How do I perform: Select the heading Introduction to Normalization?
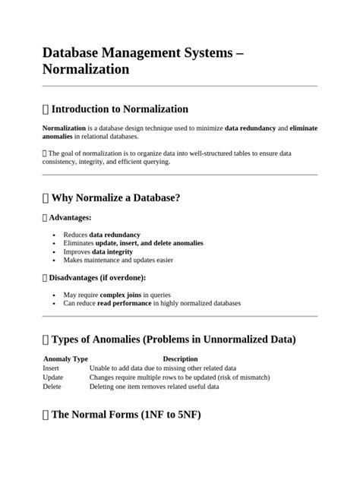coord(119,109)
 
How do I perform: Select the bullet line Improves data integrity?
coord(98,251)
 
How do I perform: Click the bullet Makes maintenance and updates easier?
coord(118,260)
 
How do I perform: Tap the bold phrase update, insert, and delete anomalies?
coord(144,243)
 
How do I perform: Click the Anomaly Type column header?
coord(65,358)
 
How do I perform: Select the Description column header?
coord(180,358)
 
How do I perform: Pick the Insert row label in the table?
coord(51,368)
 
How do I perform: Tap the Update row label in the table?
coord(53,377)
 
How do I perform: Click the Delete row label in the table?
coord(52,386)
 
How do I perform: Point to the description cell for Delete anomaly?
coord(153,386)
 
